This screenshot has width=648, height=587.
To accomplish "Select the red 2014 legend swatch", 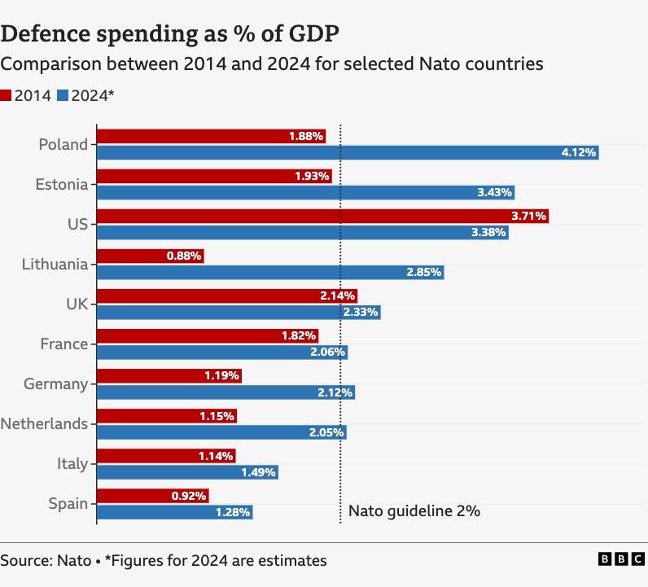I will (7, 95).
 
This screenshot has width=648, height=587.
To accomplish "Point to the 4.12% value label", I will (579, 152).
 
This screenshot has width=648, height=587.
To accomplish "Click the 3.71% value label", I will (529, 216).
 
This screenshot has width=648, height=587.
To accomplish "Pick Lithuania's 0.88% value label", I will (184, 256).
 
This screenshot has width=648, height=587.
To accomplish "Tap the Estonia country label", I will (61, 185).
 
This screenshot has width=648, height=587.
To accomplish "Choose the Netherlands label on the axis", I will (44, 423).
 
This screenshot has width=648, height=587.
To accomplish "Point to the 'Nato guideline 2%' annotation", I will (414, 511).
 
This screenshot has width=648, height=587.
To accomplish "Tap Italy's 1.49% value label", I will (259, 472).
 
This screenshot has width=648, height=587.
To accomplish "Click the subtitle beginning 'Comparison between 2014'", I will (271, 64).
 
